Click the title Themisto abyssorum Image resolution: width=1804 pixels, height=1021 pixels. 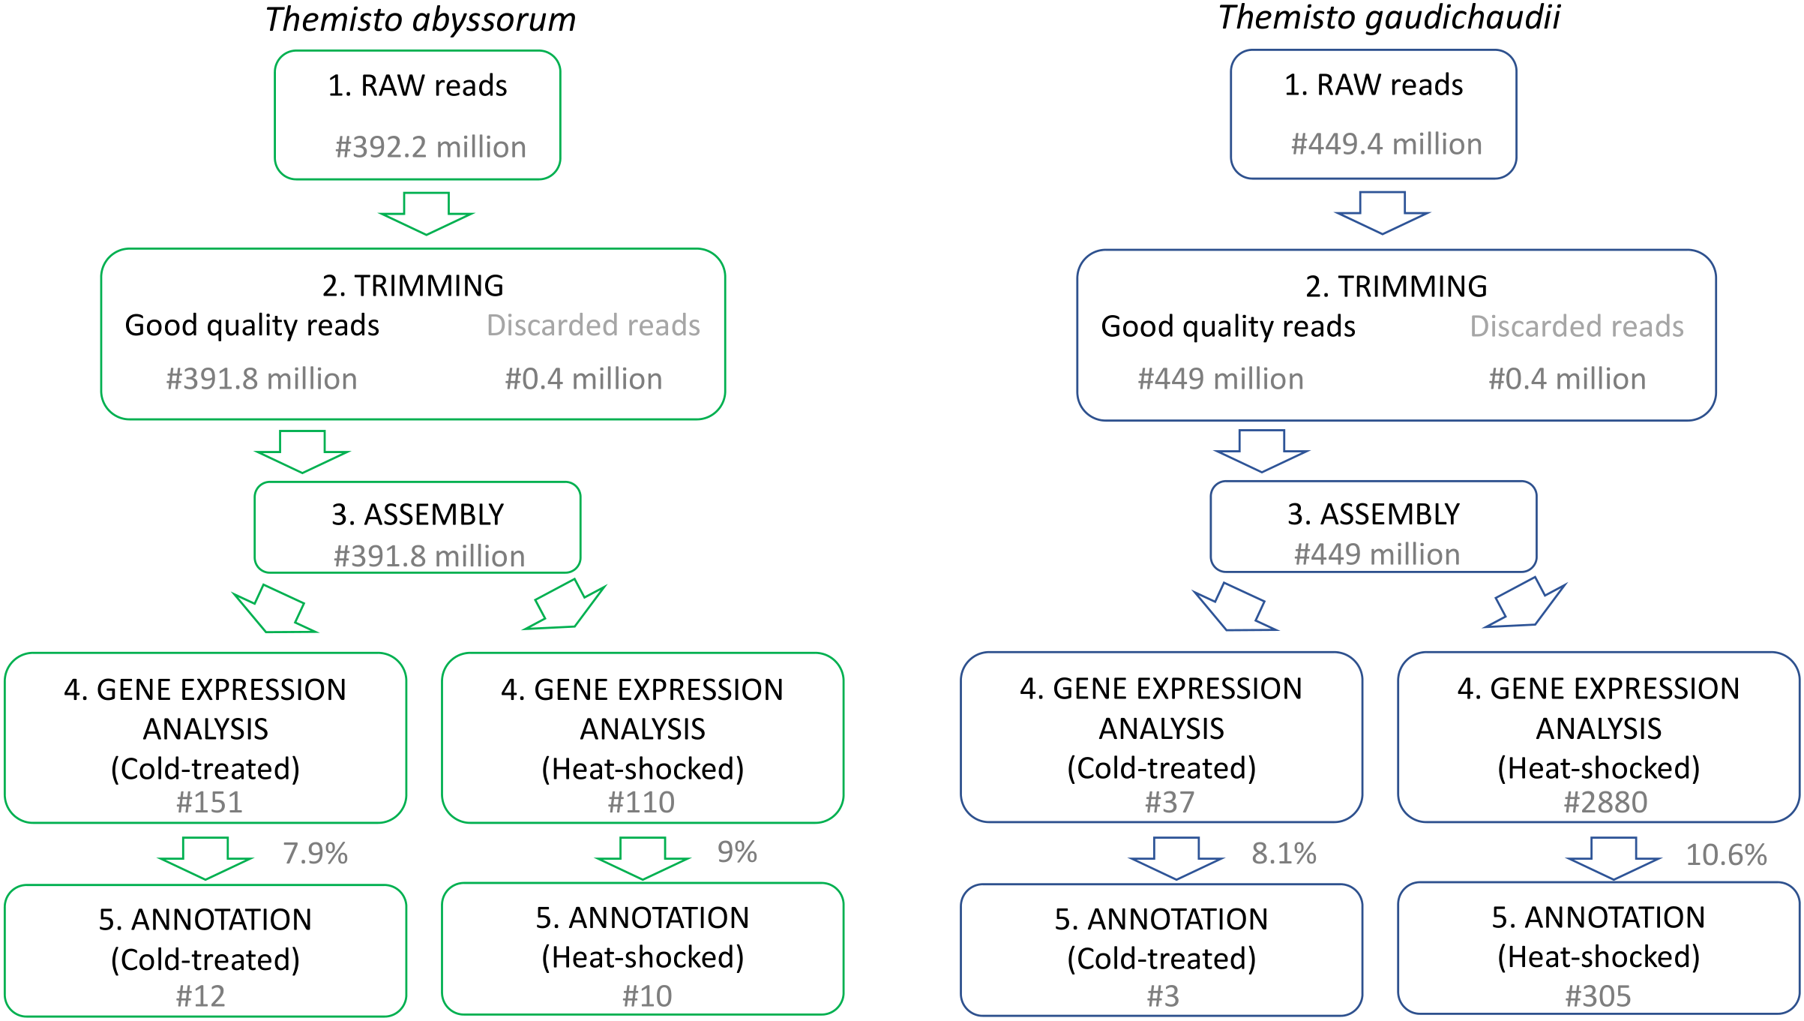[x=420, y=20]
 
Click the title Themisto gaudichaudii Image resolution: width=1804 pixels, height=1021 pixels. [x=1389, y=18]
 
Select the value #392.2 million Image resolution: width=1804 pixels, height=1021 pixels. [x=430, y=147]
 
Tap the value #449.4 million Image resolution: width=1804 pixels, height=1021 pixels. [x=1386, y=144]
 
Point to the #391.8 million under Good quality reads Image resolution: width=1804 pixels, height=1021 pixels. [x=262, y=379]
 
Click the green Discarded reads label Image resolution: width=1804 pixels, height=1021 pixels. [x=593, y=326]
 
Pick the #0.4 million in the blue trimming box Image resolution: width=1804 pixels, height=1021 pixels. [x=1567, y=379]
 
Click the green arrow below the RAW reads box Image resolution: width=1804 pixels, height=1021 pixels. [x=427, y=213]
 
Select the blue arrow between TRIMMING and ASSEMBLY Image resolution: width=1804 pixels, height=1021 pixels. [x=1262, y=450]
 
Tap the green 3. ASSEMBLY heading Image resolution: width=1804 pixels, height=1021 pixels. [x=418, y=515]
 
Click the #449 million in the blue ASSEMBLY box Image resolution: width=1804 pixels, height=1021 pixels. [x=1377, y=554]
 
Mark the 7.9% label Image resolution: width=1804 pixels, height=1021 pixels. [x=315, y=854]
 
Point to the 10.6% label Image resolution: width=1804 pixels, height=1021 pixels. [x=1726, y=855]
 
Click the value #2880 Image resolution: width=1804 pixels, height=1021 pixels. [x=1605, y=803]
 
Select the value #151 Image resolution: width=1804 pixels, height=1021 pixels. [x=209, y=803]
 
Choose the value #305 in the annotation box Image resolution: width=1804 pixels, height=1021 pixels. [x=1598, y=996]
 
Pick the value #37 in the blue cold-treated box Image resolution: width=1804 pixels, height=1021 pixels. [x=1169, y=803]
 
